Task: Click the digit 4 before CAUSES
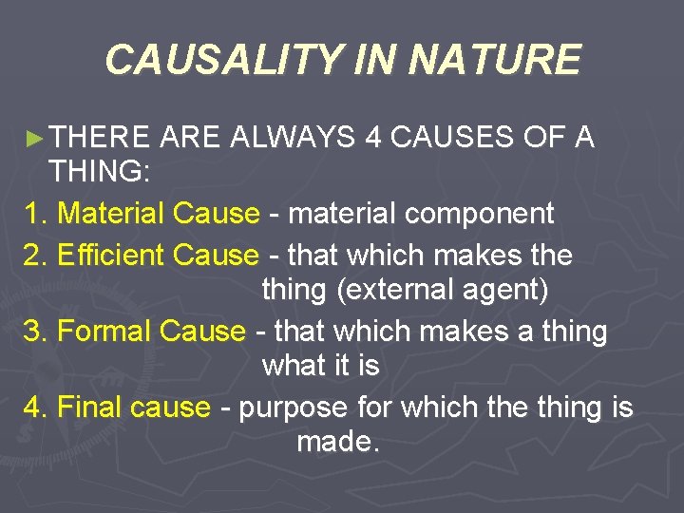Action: tap(374, 138)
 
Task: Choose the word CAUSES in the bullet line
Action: tap(454, 138)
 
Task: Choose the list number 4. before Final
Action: tap(34, 408)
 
